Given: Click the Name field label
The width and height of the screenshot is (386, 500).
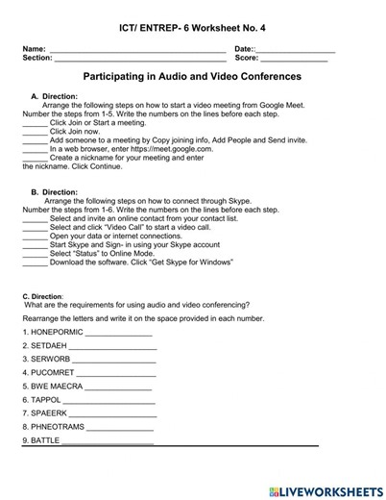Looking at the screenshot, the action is (x=34, y=48).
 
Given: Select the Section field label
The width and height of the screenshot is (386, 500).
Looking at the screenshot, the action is (x=37, y=58).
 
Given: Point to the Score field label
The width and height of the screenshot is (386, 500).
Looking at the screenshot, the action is (x=247, y=58).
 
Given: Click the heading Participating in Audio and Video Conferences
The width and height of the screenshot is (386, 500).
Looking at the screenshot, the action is (x=192, y=76).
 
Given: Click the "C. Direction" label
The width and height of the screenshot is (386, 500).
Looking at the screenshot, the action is (x=42, y=296).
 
